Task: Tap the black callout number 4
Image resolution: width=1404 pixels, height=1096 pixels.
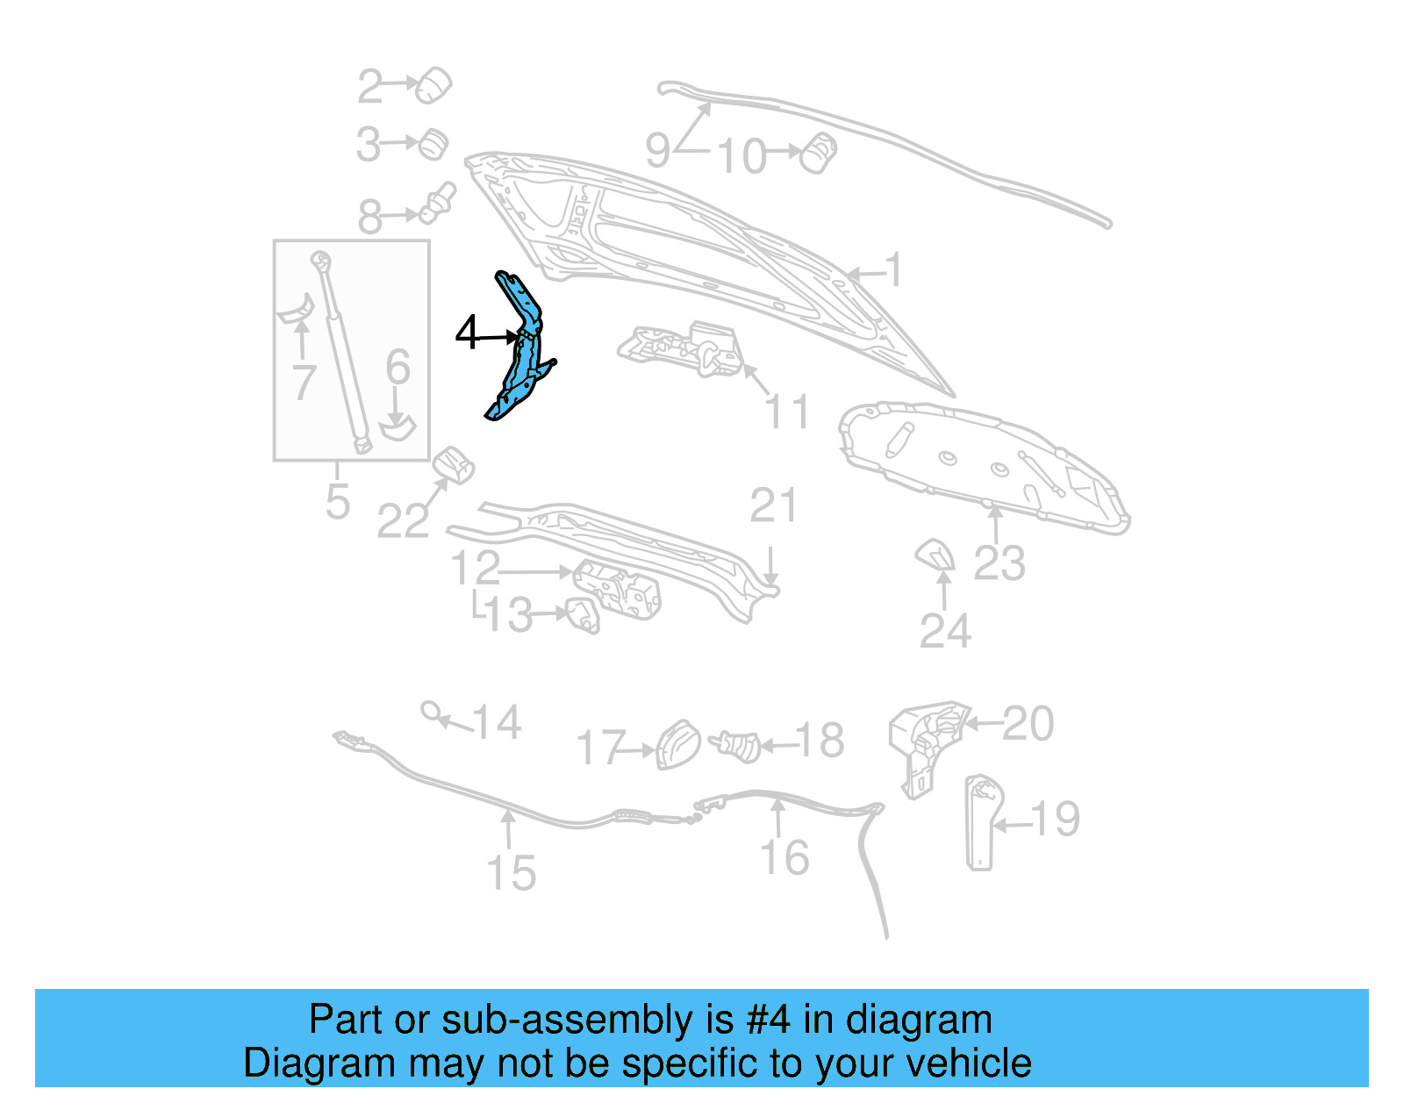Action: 468,333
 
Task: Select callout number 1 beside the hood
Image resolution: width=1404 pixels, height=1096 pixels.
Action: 893,269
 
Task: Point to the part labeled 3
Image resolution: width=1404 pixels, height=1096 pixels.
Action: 433,144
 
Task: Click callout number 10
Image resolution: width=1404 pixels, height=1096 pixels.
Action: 742,156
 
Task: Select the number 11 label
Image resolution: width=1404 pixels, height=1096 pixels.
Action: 787,412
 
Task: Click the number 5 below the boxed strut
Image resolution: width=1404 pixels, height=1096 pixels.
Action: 338,502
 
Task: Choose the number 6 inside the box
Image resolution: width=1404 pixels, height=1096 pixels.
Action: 398,367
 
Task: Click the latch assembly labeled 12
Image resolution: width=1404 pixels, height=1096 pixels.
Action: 618,589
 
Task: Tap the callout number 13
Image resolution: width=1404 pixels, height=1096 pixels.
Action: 508,614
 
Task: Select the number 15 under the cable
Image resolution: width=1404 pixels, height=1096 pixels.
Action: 512,873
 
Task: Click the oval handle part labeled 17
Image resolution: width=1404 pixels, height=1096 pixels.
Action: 678,744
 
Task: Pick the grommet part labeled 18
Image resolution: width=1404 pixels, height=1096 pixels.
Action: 737,746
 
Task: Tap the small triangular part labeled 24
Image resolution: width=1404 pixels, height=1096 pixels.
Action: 935,554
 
